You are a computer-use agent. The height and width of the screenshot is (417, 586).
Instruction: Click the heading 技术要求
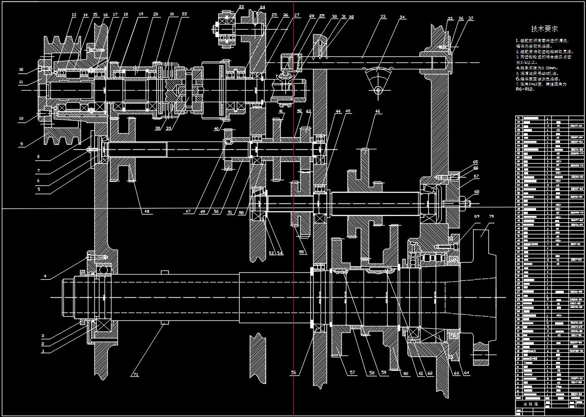(544, 29)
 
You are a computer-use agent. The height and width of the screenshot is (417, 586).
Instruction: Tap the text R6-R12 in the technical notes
(524, 90)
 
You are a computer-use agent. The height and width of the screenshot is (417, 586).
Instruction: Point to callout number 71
(136, 374)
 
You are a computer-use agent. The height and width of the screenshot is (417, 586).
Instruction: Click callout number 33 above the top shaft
(382, 17)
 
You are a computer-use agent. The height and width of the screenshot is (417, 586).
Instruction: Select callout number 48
(147, 211)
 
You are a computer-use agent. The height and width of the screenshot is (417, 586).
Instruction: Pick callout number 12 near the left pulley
(21, 70)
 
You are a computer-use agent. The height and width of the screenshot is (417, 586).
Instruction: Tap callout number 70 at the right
(491, 216)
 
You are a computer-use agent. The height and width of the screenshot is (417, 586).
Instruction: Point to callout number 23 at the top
(241, 7)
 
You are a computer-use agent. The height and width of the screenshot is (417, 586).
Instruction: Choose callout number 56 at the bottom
(294, 373)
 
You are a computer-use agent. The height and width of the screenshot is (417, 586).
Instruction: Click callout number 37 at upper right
(471, 18)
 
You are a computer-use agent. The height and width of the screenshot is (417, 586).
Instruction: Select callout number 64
(467, 373)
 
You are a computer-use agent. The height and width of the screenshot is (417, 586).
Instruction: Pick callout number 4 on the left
(45, 276)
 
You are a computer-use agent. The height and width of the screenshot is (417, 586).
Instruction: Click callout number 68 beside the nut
(476, 192)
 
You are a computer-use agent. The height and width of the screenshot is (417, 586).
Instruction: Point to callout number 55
(302, 252)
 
